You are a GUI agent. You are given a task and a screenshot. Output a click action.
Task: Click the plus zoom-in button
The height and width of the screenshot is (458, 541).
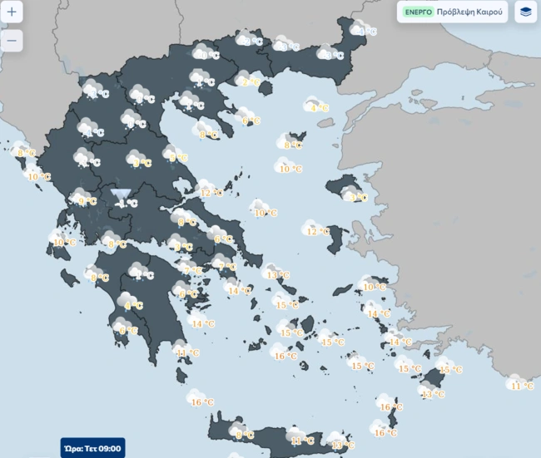(x=12, y=12)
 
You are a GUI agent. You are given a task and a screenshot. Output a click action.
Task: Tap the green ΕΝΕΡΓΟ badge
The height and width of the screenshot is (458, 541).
(x=417, y=12)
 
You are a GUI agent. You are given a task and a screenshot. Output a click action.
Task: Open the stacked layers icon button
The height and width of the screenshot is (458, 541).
(x=525, y=12)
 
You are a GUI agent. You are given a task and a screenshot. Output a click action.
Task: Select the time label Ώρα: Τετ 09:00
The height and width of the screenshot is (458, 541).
(x=92, y=449)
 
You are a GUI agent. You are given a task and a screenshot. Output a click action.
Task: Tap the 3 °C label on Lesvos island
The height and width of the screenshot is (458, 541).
(x=359, y=198)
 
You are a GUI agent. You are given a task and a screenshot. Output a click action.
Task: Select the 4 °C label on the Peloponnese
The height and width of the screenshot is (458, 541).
(x=133, y=306)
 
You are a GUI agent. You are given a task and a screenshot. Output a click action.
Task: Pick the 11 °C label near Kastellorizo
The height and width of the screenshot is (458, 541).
(x=522, y=387)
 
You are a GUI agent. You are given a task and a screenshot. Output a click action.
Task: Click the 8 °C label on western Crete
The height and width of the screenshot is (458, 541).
(x=244, y=435)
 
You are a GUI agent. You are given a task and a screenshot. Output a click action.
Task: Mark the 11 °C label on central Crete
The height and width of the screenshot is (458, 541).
(x=302, y=441)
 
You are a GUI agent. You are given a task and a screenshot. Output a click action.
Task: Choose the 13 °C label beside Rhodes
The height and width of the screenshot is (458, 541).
(x=433, y=394)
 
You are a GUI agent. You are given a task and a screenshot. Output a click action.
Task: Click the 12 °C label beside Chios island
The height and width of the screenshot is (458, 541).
(x=317, y=232)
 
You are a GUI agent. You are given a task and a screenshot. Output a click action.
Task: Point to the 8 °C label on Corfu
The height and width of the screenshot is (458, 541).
(x=27, y=153)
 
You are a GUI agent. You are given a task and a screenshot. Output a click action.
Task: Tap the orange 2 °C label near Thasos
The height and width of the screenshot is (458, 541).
(x=249, y=82)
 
